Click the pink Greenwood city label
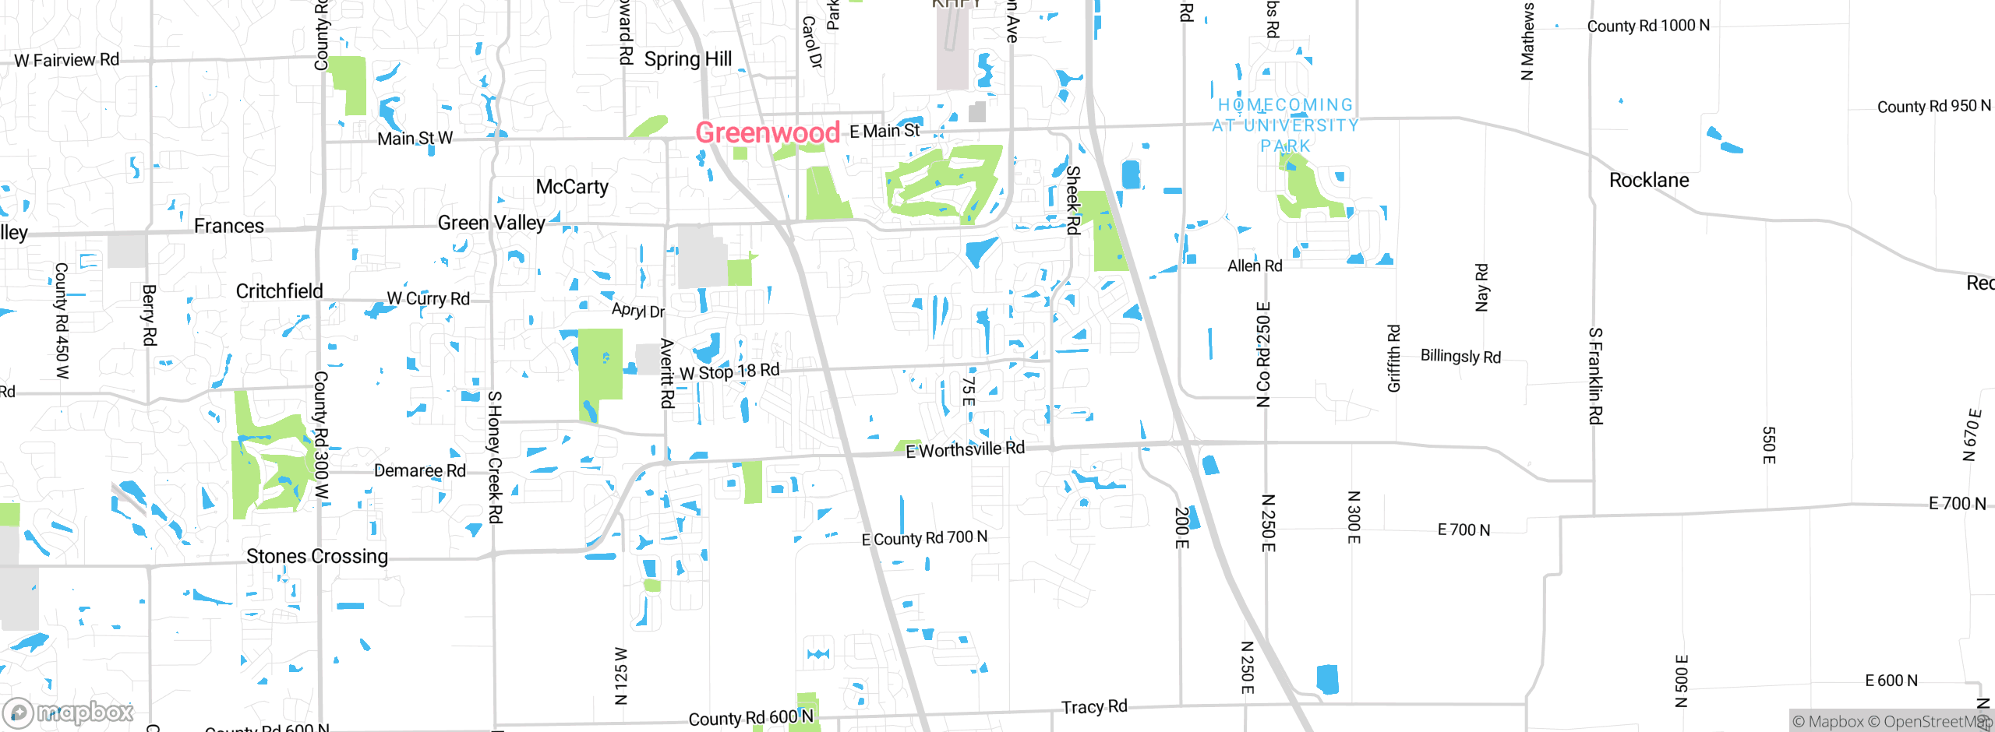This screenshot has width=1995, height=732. (x=767, y=133)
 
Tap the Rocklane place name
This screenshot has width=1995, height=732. (x=1649, y=181)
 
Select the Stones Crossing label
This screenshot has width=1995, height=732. (x=316, y=556)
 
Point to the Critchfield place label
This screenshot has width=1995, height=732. (x=279, y=291)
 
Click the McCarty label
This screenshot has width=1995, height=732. (x=572, y=187)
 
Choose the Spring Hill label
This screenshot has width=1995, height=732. (x=687, y=59)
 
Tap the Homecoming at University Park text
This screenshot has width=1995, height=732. (x=1286, y=125)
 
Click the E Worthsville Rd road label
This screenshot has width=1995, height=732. (x=965, y=449)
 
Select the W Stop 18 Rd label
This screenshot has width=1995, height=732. (x=729, y=371)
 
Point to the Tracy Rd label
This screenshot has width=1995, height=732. (x=1094, y=706)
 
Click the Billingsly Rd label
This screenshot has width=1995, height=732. (x=1460, y=356)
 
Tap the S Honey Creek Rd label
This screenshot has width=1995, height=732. (x=495, y=456)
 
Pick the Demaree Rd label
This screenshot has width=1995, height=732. (x=419, y=470)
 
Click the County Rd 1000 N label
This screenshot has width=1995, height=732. (x=1648, y=26)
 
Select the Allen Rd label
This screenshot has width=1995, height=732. (x=1255, y=266)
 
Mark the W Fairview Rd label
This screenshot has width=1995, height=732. (x=67, y=60)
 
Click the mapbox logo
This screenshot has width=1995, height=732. (x=69, y=713)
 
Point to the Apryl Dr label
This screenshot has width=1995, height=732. (x=637, y=310)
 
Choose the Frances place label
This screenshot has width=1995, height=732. (x=228, y=226)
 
